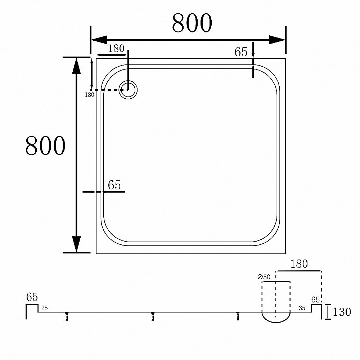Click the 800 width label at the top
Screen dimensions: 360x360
(x=192, y=23)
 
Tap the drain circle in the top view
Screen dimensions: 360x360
(x=128, y=89)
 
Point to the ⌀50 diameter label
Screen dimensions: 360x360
(x=265, y=277)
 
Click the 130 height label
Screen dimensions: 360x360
(x=342, y=312)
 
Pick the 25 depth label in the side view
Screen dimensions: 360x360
(x=44, y=308)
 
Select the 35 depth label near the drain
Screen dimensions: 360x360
(x=302, y=308)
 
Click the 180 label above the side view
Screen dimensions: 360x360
(x=299, y=264)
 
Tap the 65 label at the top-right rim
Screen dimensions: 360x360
(x=241, y=52)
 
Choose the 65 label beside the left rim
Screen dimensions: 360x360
(x=114, y=185)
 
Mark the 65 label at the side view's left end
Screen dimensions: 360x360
(x=32, y=297)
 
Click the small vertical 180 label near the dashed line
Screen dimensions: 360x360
(x=89, y=95)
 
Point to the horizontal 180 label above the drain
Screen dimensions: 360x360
(x=116, y=49)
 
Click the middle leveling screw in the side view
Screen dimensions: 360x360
(x=153, y=316)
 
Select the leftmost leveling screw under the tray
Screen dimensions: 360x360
(x=67, y=316)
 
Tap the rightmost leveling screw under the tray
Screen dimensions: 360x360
(x=238, y=316)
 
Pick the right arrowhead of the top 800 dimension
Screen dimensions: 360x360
(x=277, y=40)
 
